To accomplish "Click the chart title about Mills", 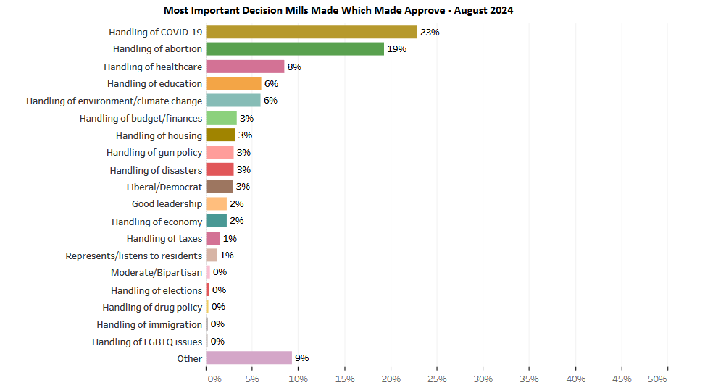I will pos(338,10).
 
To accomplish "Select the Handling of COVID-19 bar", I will pos(312,32).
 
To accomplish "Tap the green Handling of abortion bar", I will pos(295,49).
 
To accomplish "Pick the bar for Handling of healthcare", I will pos(245,67).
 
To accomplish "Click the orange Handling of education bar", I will pos(233,83).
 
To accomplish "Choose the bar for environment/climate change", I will pos(233,101).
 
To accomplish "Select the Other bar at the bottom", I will pos(249,358).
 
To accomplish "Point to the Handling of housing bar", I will pos(221,135).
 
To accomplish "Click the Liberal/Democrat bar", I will pos(220,187).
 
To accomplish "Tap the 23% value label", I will pos(430,33).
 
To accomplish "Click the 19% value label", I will pos(396,49).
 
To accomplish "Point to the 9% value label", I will pos(301,358).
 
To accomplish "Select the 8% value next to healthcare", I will pos(294,67).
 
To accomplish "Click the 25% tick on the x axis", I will pos(438,379).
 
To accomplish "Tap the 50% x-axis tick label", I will pos(656,379).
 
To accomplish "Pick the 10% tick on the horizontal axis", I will pos(299,379).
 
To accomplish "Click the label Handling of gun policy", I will pos(154,153).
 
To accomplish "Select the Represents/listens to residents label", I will pos(134,256).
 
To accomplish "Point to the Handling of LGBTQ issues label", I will pos(147,342).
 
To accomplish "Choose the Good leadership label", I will pos(167,204).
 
